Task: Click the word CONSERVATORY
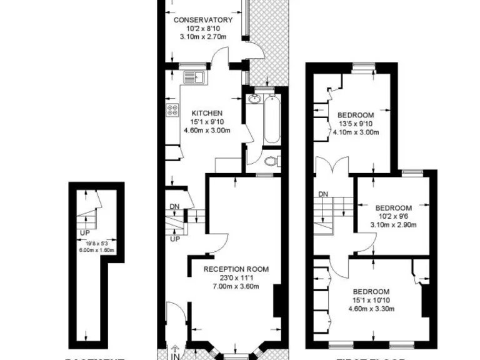pyautogui.click(x=202, y=20)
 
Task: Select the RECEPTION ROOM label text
pyautogui.click(x=236, y=270)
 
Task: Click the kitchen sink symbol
pyautogui.click(x=193, y=77)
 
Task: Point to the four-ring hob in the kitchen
pyautogui.click(x=173, y=111)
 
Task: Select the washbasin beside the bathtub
pyautogui.click(x=254, y=100)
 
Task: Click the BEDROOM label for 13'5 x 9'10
pyautogui.click(x=356, y=115)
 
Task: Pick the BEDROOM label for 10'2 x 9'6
pyautogui.click(x=393, y=208)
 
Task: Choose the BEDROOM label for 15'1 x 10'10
pyautogui.click(x=371, y=292)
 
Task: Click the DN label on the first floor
pyautogui.click(x=323, y=194)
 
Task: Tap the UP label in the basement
pyautogui.click(x=84, y=233)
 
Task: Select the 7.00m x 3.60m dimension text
pyautogui.click(x=236, y=287)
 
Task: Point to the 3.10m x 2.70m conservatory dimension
pyautogui.click(x=202, y=37)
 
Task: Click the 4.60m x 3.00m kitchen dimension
pyautogui.click(x=207, y=131)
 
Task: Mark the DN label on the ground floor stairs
pyautogui.click(x=174, y=207)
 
